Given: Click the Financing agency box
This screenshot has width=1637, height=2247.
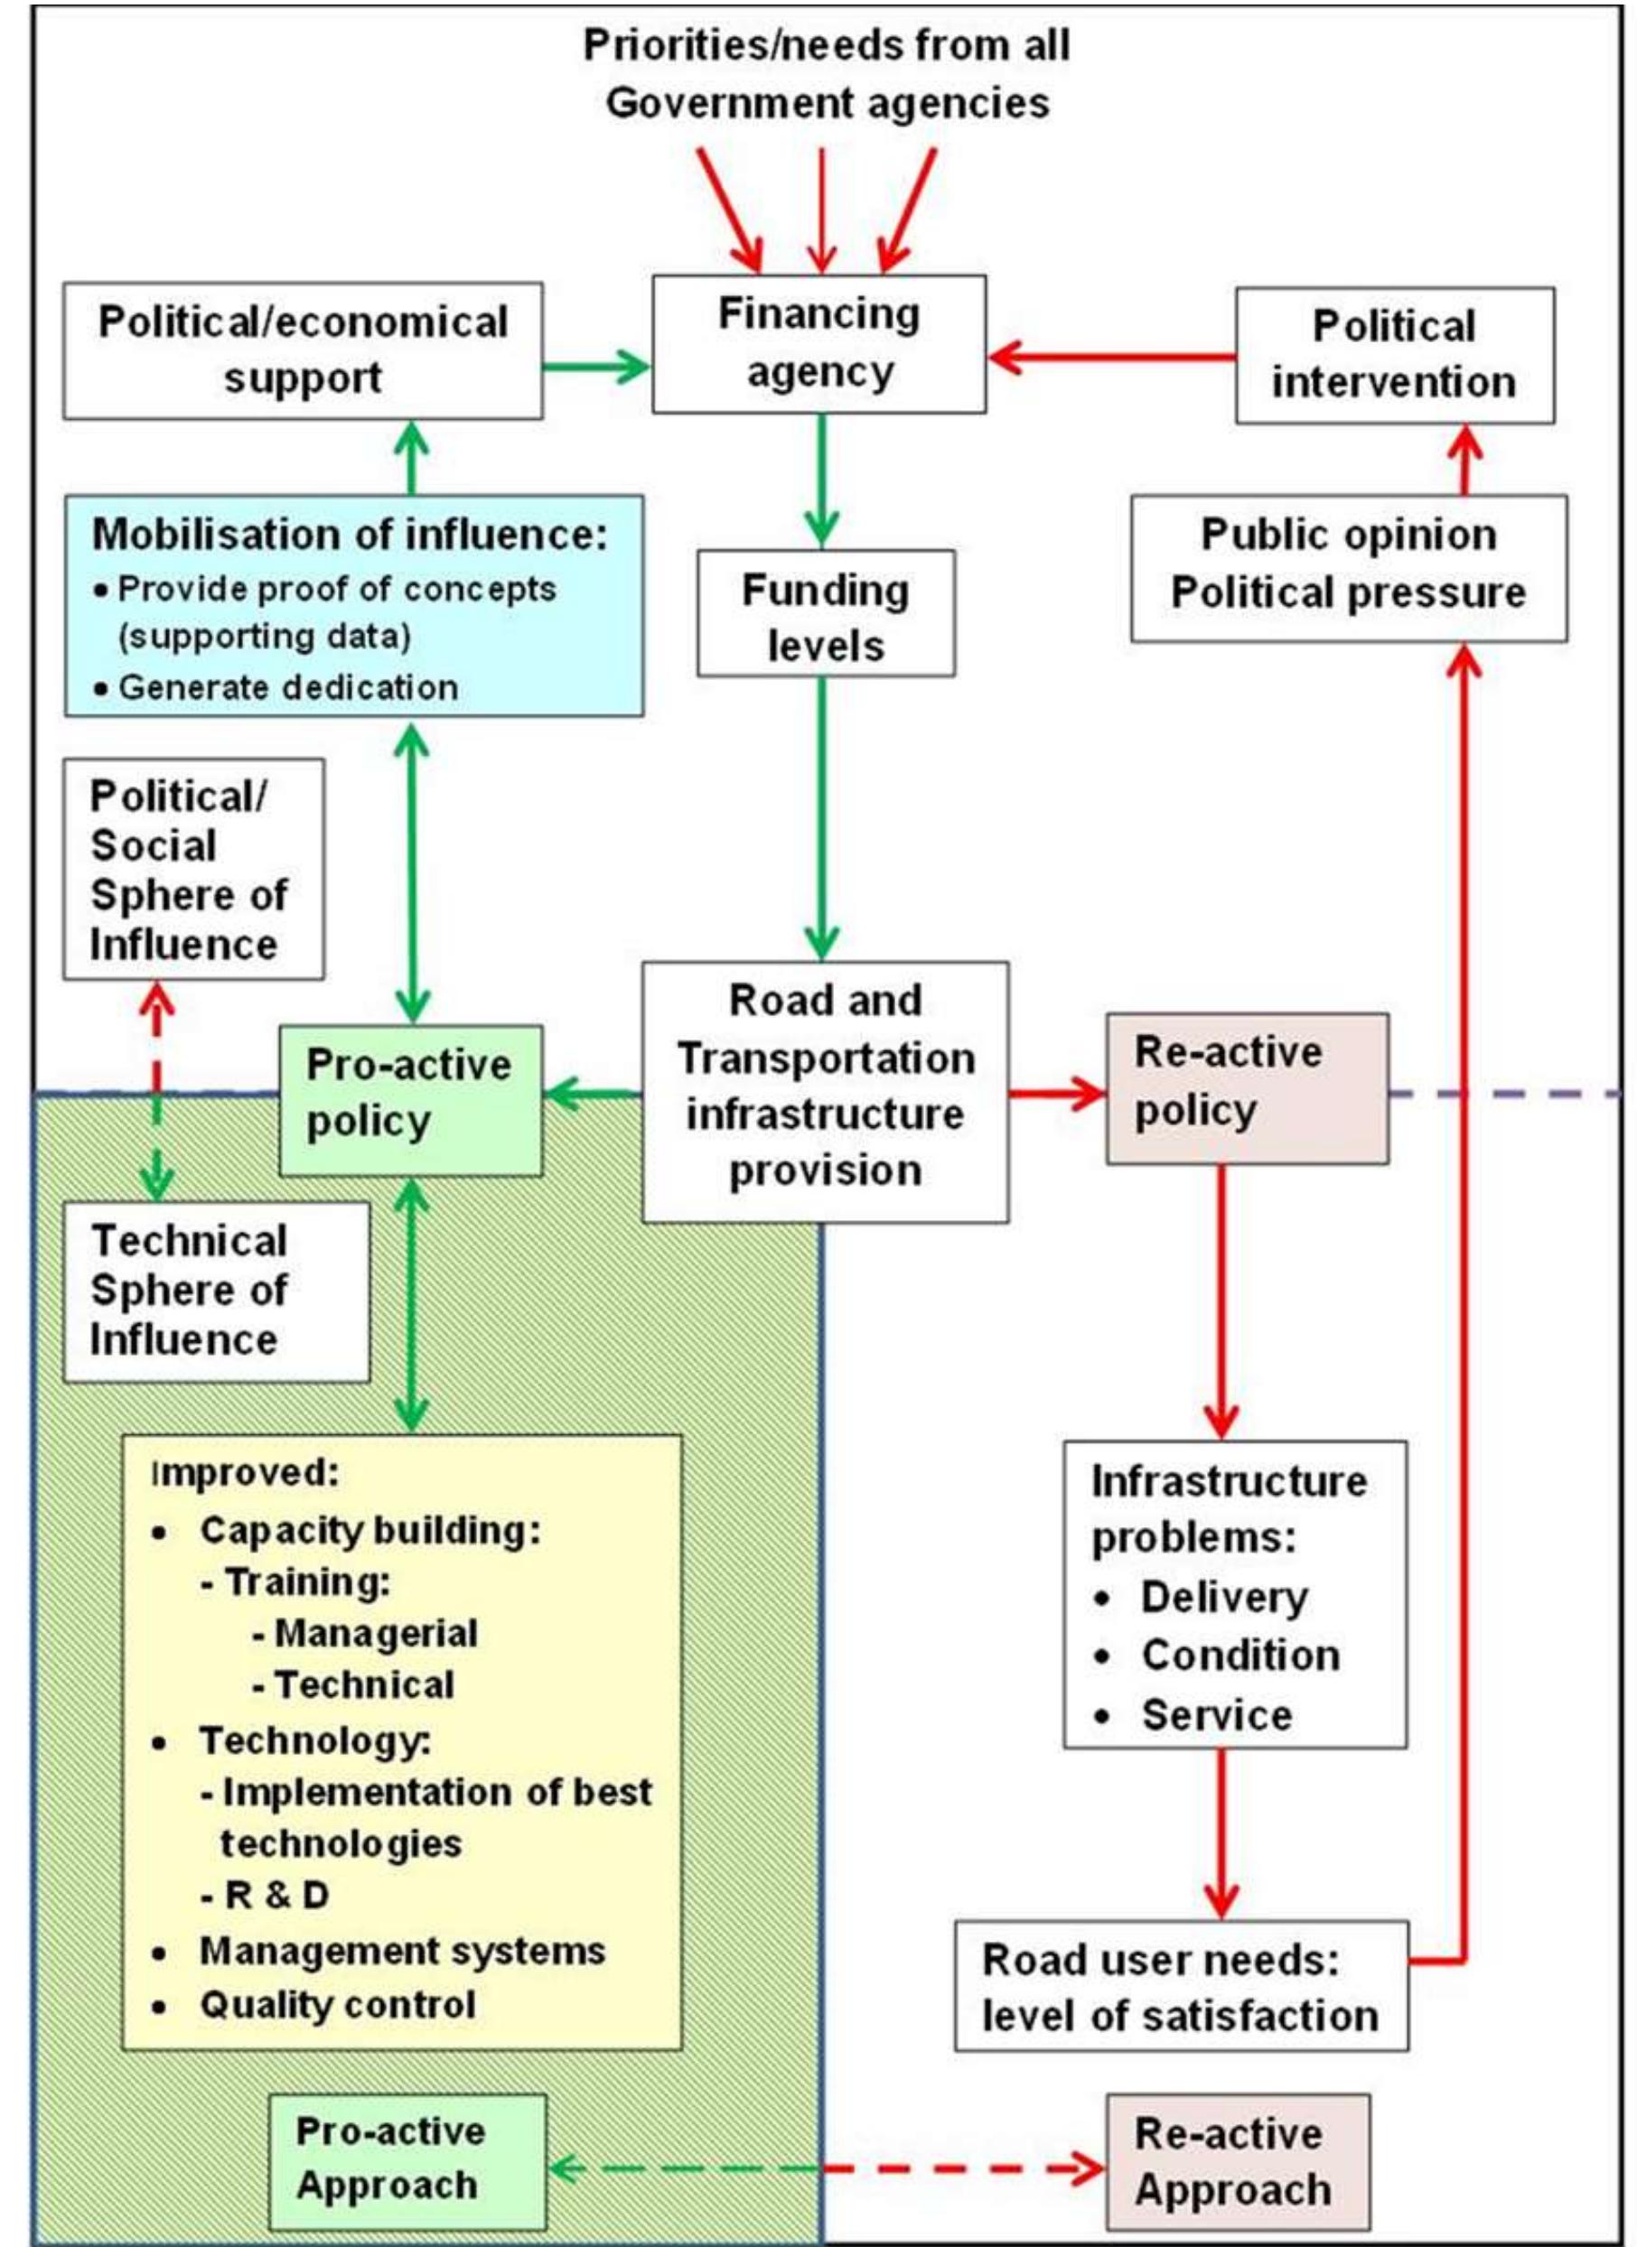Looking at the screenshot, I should tap(818, 344).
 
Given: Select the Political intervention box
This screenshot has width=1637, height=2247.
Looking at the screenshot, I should tap(1394, 355).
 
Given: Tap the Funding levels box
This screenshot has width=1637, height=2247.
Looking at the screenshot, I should tap(826, 614).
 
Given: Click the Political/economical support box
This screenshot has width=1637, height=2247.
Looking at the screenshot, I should tap(303, 350).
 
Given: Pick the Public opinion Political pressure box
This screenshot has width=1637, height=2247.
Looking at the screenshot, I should tap(1349, 568).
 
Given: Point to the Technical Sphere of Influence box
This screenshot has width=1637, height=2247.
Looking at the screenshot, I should tap(216, 1291).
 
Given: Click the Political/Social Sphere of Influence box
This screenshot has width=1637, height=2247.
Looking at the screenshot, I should tap(193, 869).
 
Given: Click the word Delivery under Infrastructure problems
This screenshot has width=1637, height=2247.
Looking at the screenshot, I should tap(1224, 1597).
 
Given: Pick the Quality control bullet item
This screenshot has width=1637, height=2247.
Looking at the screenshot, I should tap(337, 2004).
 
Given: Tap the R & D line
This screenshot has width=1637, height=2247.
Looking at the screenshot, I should tap(276, 1894).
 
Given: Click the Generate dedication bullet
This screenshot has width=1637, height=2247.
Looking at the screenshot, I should tap(287, 687).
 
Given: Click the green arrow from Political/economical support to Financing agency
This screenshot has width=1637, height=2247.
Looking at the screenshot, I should tap(595, 367).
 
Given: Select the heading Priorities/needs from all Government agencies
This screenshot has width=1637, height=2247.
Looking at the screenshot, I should tap(827, 74).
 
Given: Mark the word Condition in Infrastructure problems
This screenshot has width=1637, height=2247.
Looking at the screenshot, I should tap(1240, 1655).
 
